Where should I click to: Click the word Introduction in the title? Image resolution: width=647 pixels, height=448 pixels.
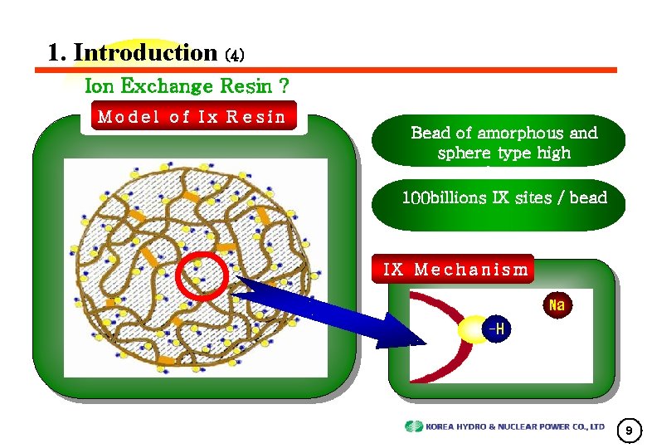144,52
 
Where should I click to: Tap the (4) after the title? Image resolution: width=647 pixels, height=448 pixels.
235,56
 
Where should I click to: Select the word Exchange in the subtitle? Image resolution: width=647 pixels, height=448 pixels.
168,85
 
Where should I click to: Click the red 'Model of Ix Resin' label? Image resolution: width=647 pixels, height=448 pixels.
192,117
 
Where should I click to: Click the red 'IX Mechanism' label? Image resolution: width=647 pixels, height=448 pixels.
455,269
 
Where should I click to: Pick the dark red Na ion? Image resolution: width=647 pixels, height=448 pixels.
556,305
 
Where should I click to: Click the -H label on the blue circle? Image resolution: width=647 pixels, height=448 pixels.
495,329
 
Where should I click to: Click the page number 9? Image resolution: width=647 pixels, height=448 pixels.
629,431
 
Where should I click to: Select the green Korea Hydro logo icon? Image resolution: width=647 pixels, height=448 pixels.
413,426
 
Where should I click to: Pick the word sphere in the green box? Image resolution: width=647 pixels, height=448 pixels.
460,153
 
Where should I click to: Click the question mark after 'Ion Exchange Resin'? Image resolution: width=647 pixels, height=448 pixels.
285,85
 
